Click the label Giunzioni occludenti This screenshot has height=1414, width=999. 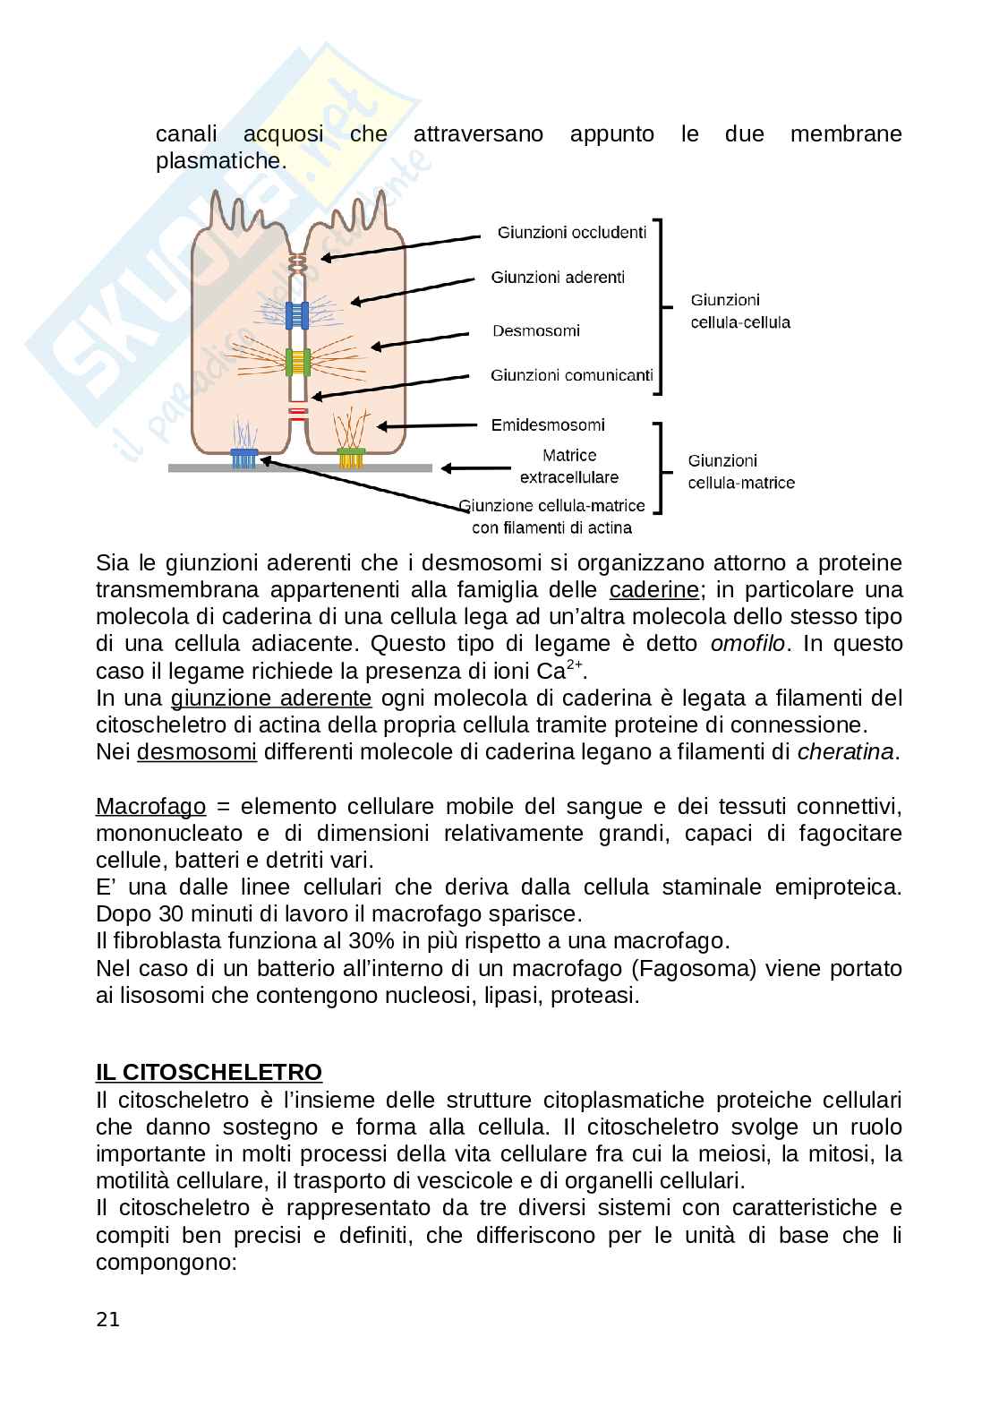point(571,233)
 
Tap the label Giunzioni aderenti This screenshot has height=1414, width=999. point(558,278)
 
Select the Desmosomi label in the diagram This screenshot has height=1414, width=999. point(536,331)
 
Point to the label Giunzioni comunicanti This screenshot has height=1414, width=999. point(571,375)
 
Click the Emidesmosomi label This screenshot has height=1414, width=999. point(548,424)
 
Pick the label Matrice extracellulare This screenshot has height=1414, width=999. point(569,467)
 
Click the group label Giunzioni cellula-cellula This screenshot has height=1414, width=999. point(739,311)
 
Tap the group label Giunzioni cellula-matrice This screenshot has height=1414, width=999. point(740,472)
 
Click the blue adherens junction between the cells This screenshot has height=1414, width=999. point(297,314)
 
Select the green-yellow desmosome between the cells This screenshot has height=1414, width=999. point(297,362)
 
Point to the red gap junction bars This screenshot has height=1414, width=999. point(298,413)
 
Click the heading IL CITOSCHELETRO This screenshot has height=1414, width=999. point(209,1072)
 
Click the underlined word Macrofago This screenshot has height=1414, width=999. point(150,806)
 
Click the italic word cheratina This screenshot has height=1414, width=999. point(845,751)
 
